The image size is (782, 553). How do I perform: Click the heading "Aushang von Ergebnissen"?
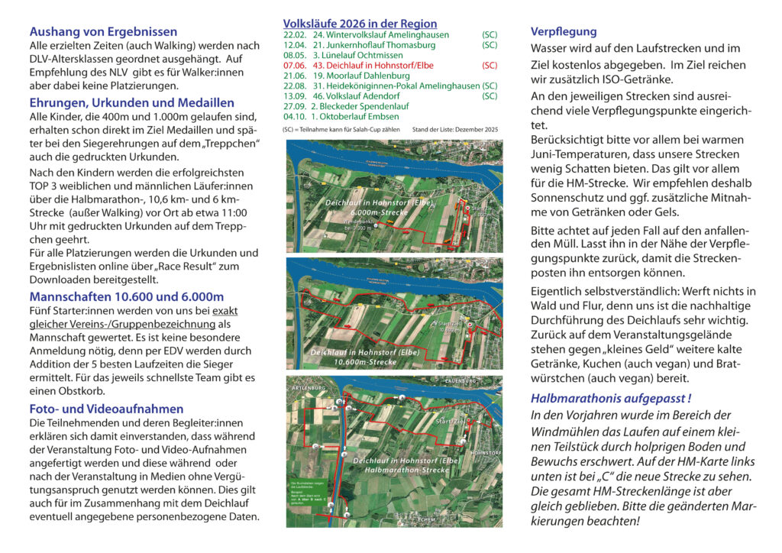103,32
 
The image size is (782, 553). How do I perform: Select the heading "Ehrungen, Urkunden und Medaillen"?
131,102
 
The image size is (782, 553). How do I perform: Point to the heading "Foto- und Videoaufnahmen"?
106,409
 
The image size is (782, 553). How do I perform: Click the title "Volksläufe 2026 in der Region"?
360,24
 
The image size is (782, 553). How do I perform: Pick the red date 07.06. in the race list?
296,66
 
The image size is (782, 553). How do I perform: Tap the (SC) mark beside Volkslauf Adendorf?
490,96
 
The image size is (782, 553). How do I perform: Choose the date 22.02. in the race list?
296,35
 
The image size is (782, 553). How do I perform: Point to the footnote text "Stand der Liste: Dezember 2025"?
454,131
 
